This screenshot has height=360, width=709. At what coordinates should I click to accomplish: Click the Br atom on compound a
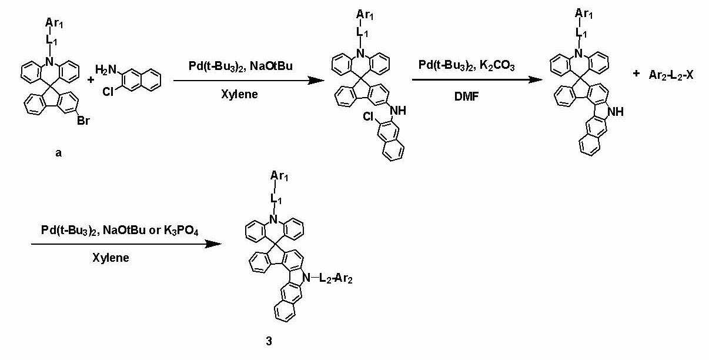click(x=83, y=121)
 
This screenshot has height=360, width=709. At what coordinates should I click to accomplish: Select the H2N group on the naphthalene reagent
click(x=106, y=69)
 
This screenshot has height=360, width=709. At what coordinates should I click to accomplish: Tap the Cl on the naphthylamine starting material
click(x=108, y=92)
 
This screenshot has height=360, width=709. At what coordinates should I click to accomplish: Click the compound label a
click(x=59, y=154)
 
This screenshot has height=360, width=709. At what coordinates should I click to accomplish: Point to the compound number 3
click(x=269, y=341)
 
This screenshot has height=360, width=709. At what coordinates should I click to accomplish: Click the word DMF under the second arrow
click(x=466, y=96)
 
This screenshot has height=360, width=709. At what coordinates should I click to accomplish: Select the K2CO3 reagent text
click(x=497, y=65)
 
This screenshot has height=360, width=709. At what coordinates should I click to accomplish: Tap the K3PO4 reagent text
click(x=181, y=231)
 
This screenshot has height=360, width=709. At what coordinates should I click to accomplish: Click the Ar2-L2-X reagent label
click(x=671, y=75)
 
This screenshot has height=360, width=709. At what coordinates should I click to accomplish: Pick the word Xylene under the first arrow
click(x=239, y=94)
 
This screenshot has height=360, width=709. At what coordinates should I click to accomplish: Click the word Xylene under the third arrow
click(x=111, y=258)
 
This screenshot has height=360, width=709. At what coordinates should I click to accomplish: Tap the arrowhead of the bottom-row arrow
click(x=213, y=244)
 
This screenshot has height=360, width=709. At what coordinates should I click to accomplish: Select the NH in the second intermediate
click(x=616, y=112)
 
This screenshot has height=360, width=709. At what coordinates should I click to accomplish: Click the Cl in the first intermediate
click(x=368, y=117)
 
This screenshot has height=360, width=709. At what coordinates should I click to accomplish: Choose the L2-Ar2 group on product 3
click(x=336, y=279)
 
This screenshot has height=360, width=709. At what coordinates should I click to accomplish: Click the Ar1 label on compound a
click(x=54, y=23)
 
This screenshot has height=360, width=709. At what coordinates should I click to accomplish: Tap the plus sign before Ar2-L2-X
click(x=636, y=74)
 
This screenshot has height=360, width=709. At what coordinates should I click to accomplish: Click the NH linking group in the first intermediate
click(x=398, y=111)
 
